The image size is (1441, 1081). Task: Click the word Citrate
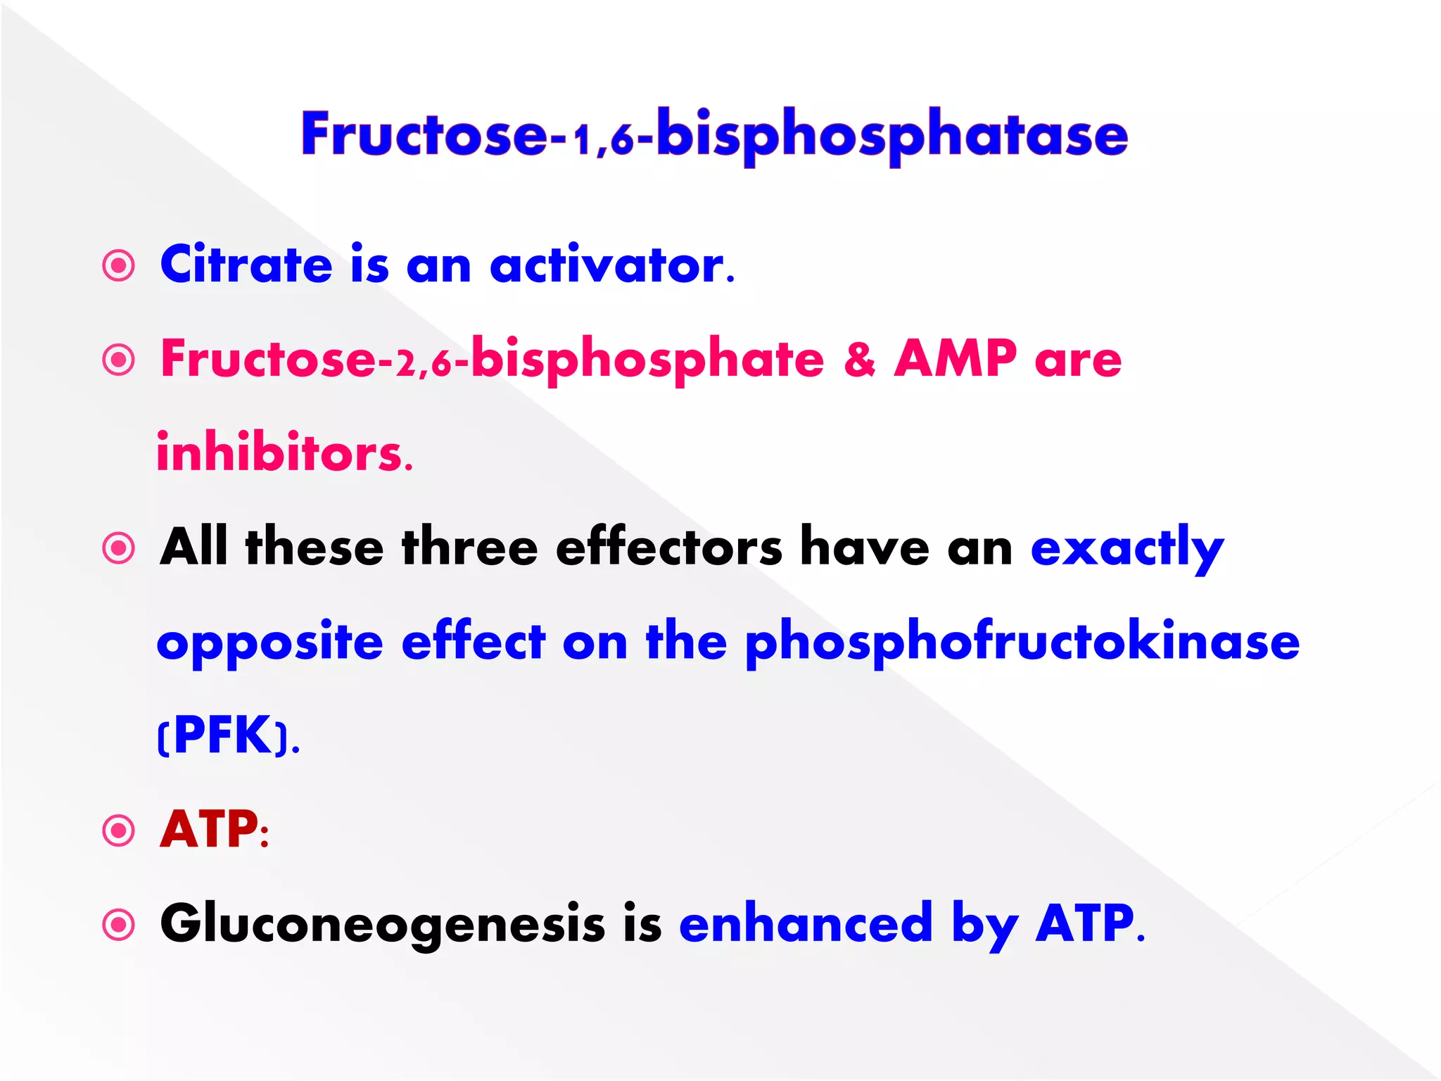246,265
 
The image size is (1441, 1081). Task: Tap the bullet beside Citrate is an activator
118,266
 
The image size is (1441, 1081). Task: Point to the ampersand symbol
859,359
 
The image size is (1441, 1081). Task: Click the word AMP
955,359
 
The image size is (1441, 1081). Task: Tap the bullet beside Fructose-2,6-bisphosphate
118,360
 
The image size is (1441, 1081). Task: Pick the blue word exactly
1126,548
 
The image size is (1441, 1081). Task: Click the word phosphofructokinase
1022,642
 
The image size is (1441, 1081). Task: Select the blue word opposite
269,643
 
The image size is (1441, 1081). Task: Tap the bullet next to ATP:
118,830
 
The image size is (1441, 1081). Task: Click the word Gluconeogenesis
382,923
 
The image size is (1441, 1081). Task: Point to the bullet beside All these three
118,548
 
